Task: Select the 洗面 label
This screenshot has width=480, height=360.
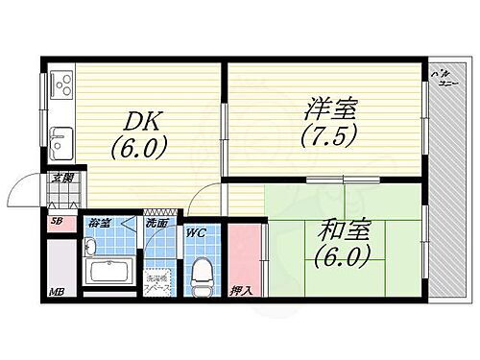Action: click(156, 224)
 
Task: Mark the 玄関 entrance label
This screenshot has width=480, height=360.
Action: click(63, 176)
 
